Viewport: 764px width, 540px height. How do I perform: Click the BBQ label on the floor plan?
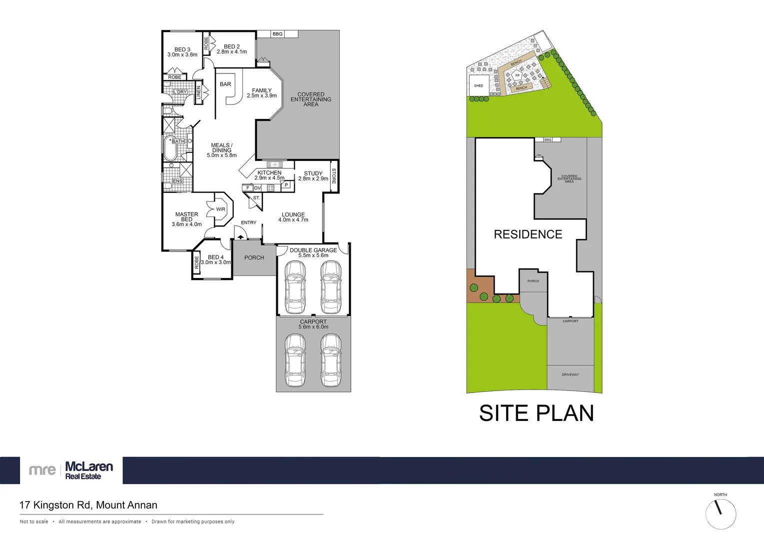pos(277,34)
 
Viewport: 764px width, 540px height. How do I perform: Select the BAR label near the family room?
pos(225,84)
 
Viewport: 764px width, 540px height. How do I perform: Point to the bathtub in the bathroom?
pos(171,148)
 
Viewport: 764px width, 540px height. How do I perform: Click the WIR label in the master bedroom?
pos(220,209)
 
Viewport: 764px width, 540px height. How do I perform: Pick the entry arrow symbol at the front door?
pos(241,236)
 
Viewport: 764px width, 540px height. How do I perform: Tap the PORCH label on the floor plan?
pos(254,257)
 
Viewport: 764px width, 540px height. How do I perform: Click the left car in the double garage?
pos(295,287)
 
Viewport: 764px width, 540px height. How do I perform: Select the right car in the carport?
pos(331,360)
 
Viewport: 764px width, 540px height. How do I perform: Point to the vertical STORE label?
pos(334,176)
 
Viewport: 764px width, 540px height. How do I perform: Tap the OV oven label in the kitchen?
pos(257,188)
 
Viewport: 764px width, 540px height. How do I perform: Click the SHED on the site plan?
pos(479,86)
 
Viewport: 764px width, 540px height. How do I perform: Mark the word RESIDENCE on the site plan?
pos(528,234)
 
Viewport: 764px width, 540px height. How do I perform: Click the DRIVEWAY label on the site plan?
pos(570,374)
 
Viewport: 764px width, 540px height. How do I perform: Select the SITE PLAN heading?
pos(536,413)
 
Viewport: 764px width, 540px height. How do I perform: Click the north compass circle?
pos(721,513)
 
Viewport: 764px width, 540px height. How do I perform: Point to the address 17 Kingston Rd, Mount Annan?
pos(88,505)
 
